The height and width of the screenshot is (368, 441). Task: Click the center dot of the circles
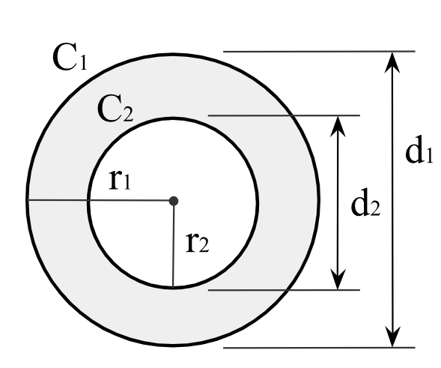coord(174,201)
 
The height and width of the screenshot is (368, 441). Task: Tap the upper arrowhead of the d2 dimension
coord(340,124)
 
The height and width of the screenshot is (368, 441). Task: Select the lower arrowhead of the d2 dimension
coord(340,280)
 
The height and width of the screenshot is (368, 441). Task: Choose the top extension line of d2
coord(285,115)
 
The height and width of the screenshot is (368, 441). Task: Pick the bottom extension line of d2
coord(285,289)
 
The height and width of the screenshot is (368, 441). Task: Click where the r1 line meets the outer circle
coord(28,201)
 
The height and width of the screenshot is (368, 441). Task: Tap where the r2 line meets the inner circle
coord(173,287)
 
